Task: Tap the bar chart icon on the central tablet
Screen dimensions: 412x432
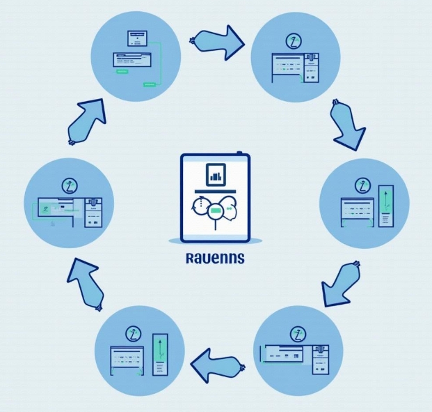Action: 215,174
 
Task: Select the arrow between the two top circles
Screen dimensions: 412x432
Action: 216,44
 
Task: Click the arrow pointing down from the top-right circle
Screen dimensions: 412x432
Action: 346,126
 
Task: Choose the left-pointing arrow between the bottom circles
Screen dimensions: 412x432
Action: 217,364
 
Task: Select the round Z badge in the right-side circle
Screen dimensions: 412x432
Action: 362,185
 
